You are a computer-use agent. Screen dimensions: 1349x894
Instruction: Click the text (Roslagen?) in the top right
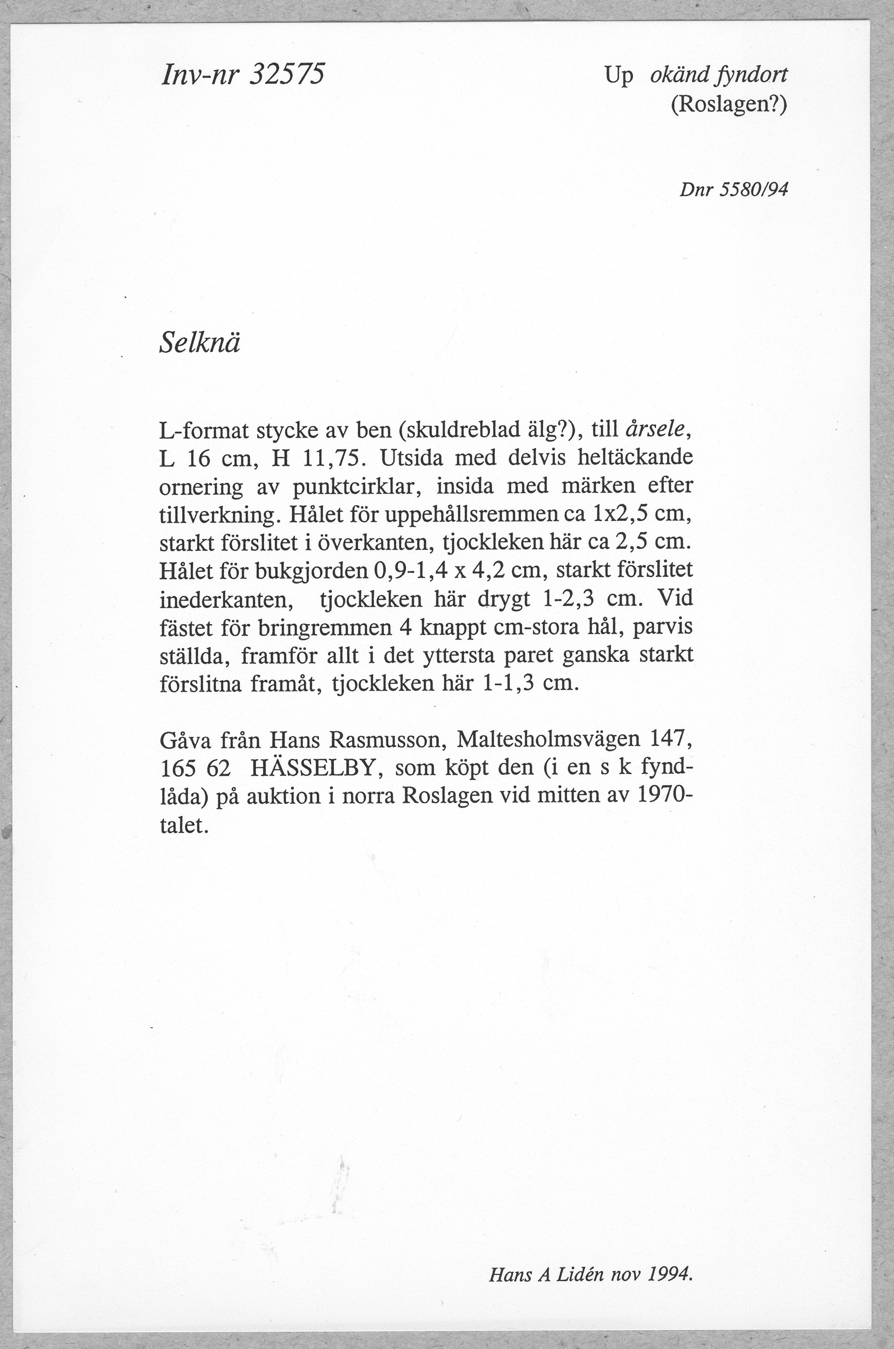coord(729,104)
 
